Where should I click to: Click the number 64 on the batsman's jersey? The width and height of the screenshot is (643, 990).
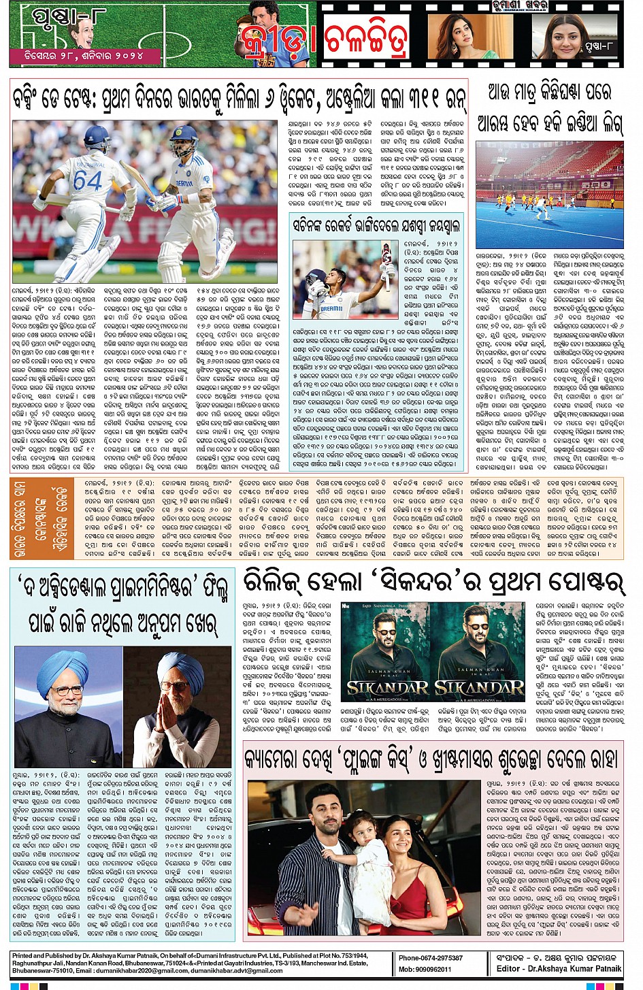[87, 180]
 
